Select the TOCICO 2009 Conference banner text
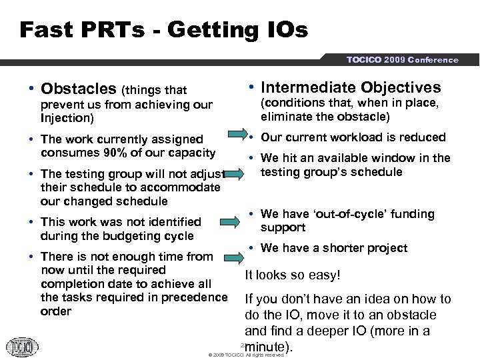click(402, 60)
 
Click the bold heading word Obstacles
click(77, 89)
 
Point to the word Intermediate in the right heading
click(309, 87)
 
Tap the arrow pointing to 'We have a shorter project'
click(235, 255)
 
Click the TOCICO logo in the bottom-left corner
click(22, 347)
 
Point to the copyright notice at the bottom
click(246, 355)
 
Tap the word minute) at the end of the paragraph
click(269, 347)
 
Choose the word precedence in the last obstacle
click(194, 297)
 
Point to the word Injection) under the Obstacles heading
click(67, 118)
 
